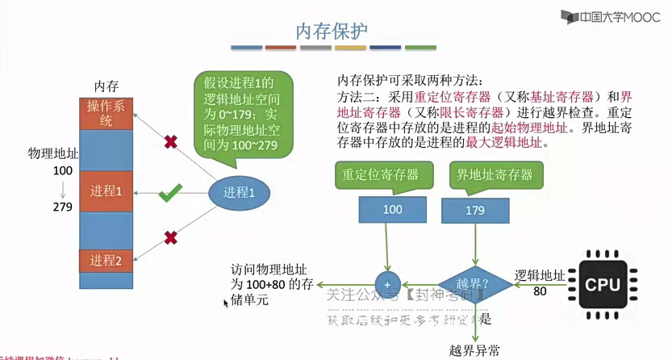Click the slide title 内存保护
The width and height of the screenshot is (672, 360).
(x=332, y=31)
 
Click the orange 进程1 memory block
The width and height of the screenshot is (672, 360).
(x=106, y=191)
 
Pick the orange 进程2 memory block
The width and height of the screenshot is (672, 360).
(x=106, y=261)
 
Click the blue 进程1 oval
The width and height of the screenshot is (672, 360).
(x=239, y=192)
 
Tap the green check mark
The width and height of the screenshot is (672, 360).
(x=169, y=194)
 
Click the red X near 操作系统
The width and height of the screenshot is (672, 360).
(x=171, y=142)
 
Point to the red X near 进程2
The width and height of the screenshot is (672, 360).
(x=170, y=238)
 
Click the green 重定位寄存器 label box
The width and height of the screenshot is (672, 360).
(x=376, y=175)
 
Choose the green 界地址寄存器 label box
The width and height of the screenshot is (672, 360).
(x=495, y=175)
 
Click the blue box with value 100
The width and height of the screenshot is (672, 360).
(x=392, y=210)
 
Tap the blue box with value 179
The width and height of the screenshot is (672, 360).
(x=474, y=210)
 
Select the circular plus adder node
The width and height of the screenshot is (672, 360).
(x=388, y=284)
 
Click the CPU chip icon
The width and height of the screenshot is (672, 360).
(x=603, y=284)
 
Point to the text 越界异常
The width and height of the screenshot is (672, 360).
(x=474, y=350)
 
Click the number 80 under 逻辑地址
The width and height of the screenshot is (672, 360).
(x=540, y=290)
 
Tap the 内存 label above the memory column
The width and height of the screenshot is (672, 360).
(x=106, y=86)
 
